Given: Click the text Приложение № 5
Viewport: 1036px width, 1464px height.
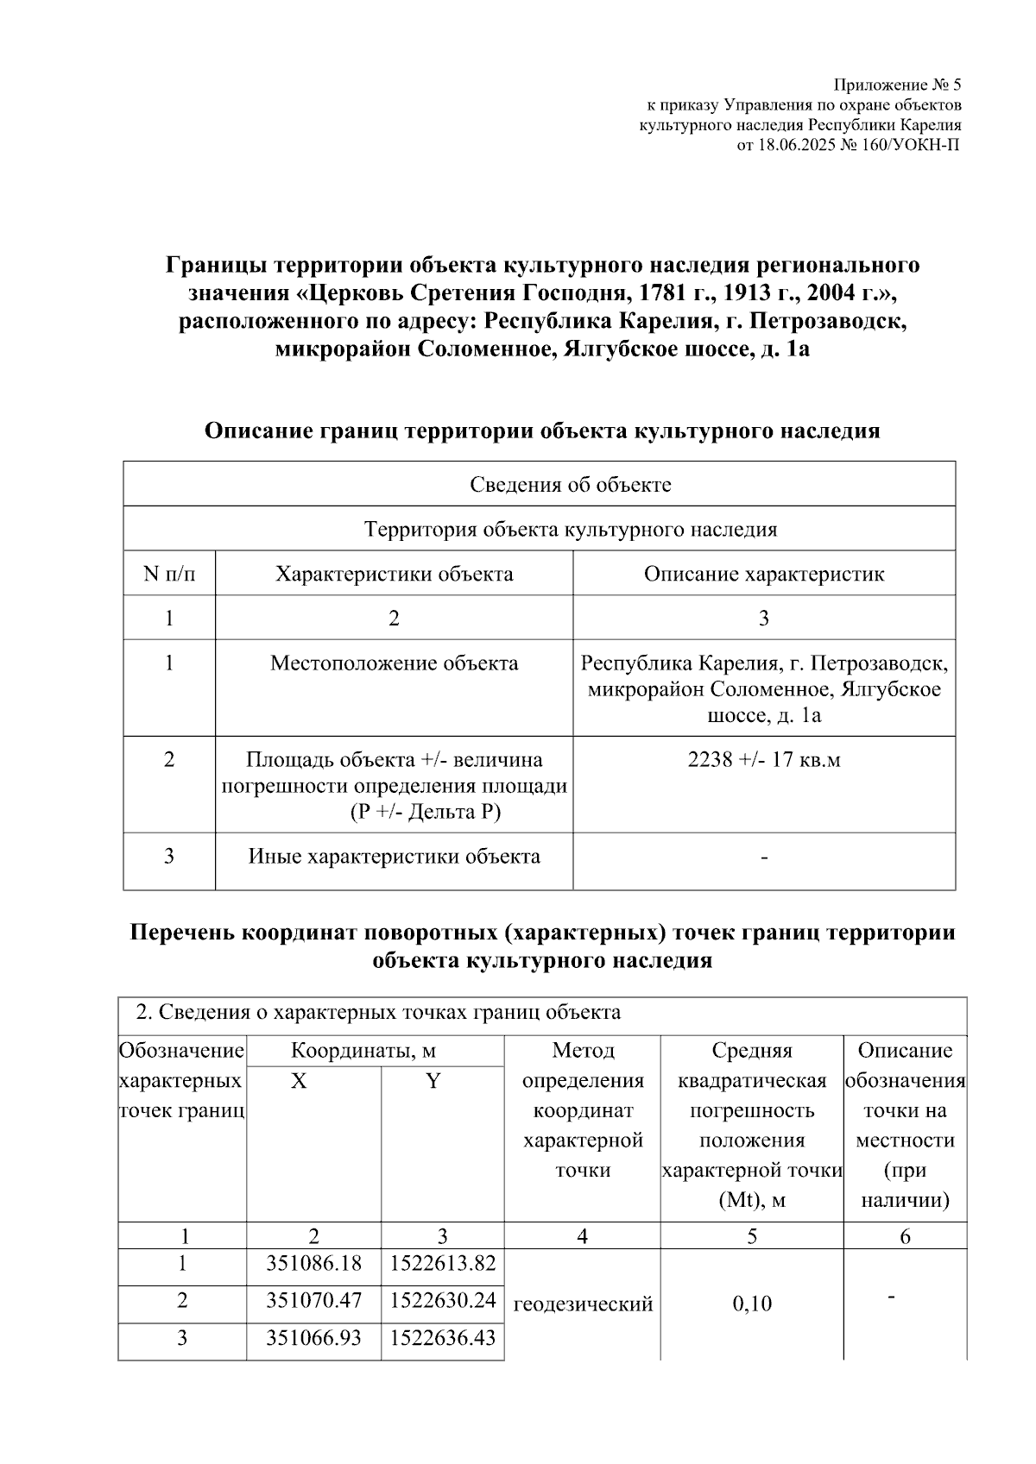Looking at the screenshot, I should pos(896,85).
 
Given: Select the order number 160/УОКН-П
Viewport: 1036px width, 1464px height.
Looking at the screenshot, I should pos(917,145).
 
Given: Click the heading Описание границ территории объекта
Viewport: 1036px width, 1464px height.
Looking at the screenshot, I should pos(541,430).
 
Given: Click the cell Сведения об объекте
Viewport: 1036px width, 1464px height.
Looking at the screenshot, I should pos(571,484).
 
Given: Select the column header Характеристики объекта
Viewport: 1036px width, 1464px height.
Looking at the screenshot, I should pos(394,574).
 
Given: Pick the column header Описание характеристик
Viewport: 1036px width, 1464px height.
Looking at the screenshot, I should pos(764,574).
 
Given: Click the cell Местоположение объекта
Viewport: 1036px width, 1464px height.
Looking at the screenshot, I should pos(394,663).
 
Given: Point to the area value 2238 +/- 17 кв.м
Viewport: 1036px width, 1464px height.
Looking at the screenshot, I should pos(764,759).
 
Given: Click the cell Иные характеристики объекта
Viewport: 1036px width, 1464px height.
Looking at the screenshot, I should pos(394,856).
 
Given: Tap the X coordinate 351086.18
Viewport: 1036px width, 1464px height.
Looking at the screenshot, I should pos(313,1264).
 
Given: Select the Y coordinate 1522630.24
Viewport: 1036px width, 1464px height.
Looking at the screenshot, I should pos(443,1300).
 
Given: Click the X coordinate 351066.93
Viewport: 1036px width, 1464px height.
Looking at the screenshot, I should pos(313,1337).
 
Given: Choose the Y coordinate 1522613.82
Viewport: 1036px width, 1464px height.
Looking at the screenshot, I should pos(443,1264).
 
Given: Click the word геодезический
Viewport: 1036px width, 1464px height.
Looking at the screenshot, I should pos(583,1304).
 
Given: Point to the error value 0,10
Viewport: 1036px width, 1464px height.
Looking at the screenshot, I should pos(752,1304).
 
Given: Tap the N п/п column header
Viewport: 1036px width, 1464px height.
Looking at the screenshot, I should pos(169,574).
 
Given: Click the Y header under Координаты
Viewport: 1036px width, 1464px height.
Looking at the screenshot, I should pos(433,1081).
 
